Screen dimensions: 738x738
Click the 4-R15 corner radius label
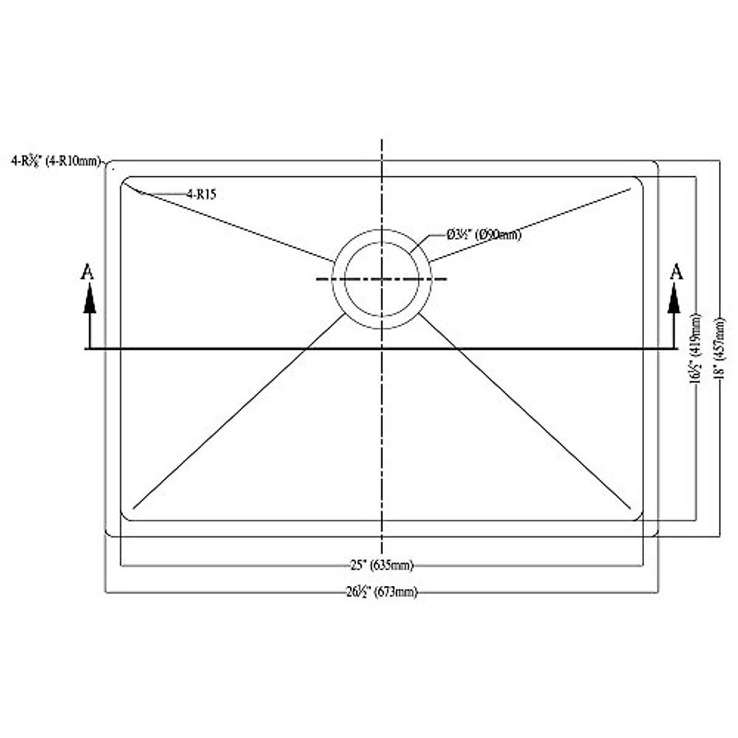click(202, 194)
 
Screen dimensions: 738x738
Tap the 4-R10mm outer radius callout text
click(55, 162)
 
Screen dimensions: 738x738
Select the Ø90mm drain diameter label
click(484, 234)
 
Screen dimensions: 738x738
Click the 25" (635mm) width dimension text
click(382, 565)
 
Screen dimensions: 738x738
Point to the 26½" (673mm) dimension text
click(381, 592)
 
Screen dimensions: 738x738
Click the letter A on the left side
click(88, 272)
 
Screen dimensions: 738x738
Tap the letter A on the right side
click(676, 271)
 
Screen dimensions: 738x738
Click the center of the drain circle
click(382, 279)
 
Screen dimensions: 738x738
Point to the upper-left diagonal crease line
click(234, 226)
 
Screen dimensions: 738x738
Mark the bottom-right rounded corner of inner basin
click(640, 517)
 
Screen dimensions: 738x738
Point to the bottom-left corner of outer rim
click(108, 534)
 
